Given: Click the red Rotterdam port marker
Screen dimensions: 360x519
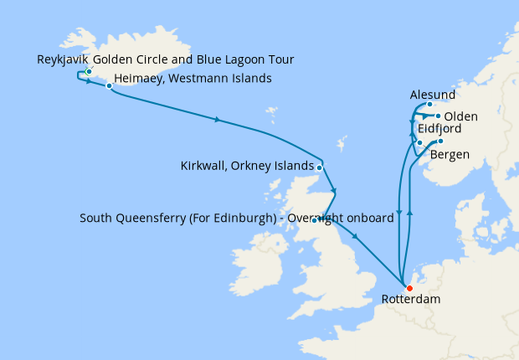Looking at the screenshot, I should (x=409, y=289).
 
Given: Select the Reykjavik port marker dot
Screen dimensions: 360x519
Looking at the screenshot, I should (x=89, y=71).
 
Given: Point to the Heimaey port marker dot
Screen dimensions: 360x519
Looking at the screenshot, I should (x=109, y=85).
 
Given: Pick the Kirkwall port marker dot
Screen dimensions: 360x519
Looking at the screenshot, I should (x=320, y=166).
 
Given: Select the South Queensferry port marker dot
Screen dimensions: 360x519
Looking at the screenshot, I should (x=315, y=220).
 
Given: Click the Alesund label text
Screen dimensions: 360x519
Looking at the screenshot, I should (x=434, y=95).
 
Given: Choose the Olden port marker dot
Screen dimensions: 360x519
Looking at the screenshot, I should (x=438, y=116).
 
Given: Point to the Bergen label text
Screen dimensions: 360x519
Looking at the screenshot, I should (x=450, y=155).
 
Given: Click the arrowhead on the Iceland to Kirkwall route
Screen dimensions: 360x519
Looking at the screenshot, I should (x=218, y=121).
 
